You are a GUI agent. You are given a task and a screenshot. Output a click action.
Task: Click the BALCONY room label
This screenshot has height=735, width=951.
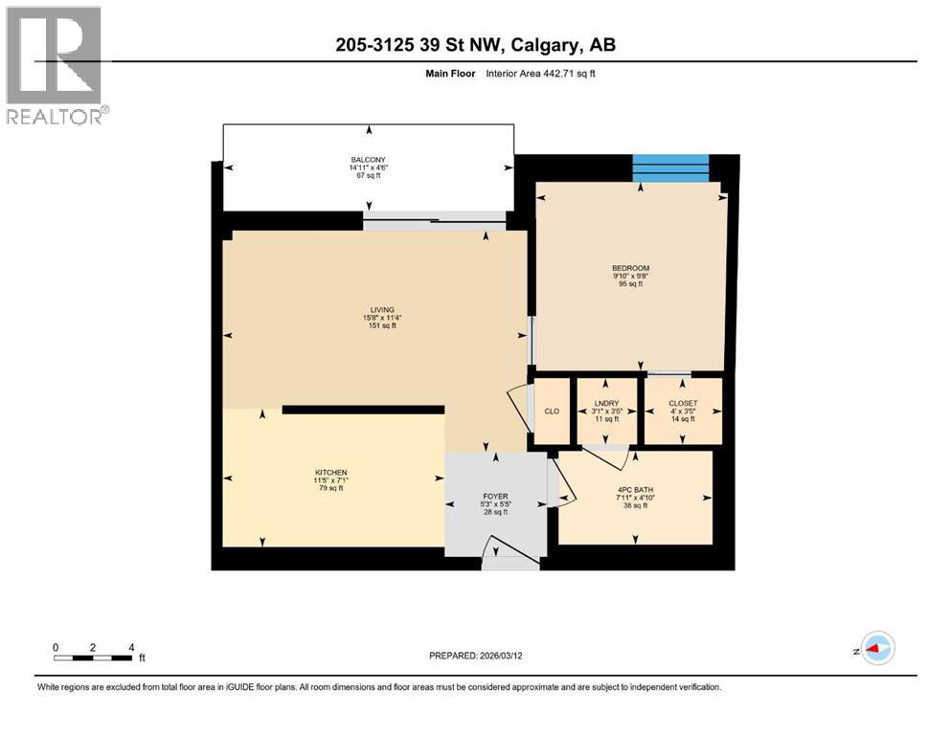[x=368, y=160]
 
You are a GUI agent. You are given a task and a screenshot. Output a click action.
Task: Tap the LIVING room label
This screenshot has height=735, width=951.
[x=382, y=309]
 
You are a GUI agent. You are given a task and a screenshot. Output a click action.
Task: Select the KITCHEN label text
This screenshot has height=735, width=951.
[x=330, y=473]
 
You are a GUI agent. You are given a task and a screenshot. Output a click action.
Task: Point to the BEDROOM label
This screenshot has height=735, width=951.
[x=630, y=268]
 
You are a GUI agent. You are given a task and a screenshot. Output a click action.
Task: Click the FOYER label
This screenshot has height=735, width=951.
[x=493, y=496]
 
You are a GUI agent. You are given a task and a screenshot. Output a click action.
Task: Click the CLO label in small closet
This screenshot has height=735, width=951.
[x=552, y=412]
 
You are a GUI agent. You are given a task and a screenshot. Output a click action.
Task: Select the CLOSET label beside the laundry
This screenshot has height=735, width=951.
[x=682, y=404]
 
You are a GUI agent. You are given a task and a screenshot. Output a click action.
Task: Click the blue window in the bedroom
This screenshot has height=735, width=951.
[x=670, y=167]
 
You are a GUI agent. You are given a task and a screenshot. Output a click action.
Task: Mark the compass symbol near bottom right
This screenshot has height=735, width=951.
[x=876, y=648]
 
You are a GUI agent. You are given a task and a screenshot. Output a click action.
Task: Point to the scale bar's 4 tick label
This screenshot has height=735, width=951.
[x=130, y=647]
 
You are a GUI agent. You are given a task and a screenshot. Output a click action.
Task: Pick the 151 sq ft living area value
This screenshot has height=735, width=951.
[x=382, y=326]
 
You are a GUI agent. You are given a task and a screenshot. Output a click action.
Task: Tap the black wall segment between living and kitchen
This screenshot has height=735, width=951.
[x=363, y=410]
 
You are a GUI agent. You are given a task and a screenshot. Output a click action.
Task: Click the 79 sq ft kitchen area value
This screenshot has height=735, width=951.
[x=330, y=489]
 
